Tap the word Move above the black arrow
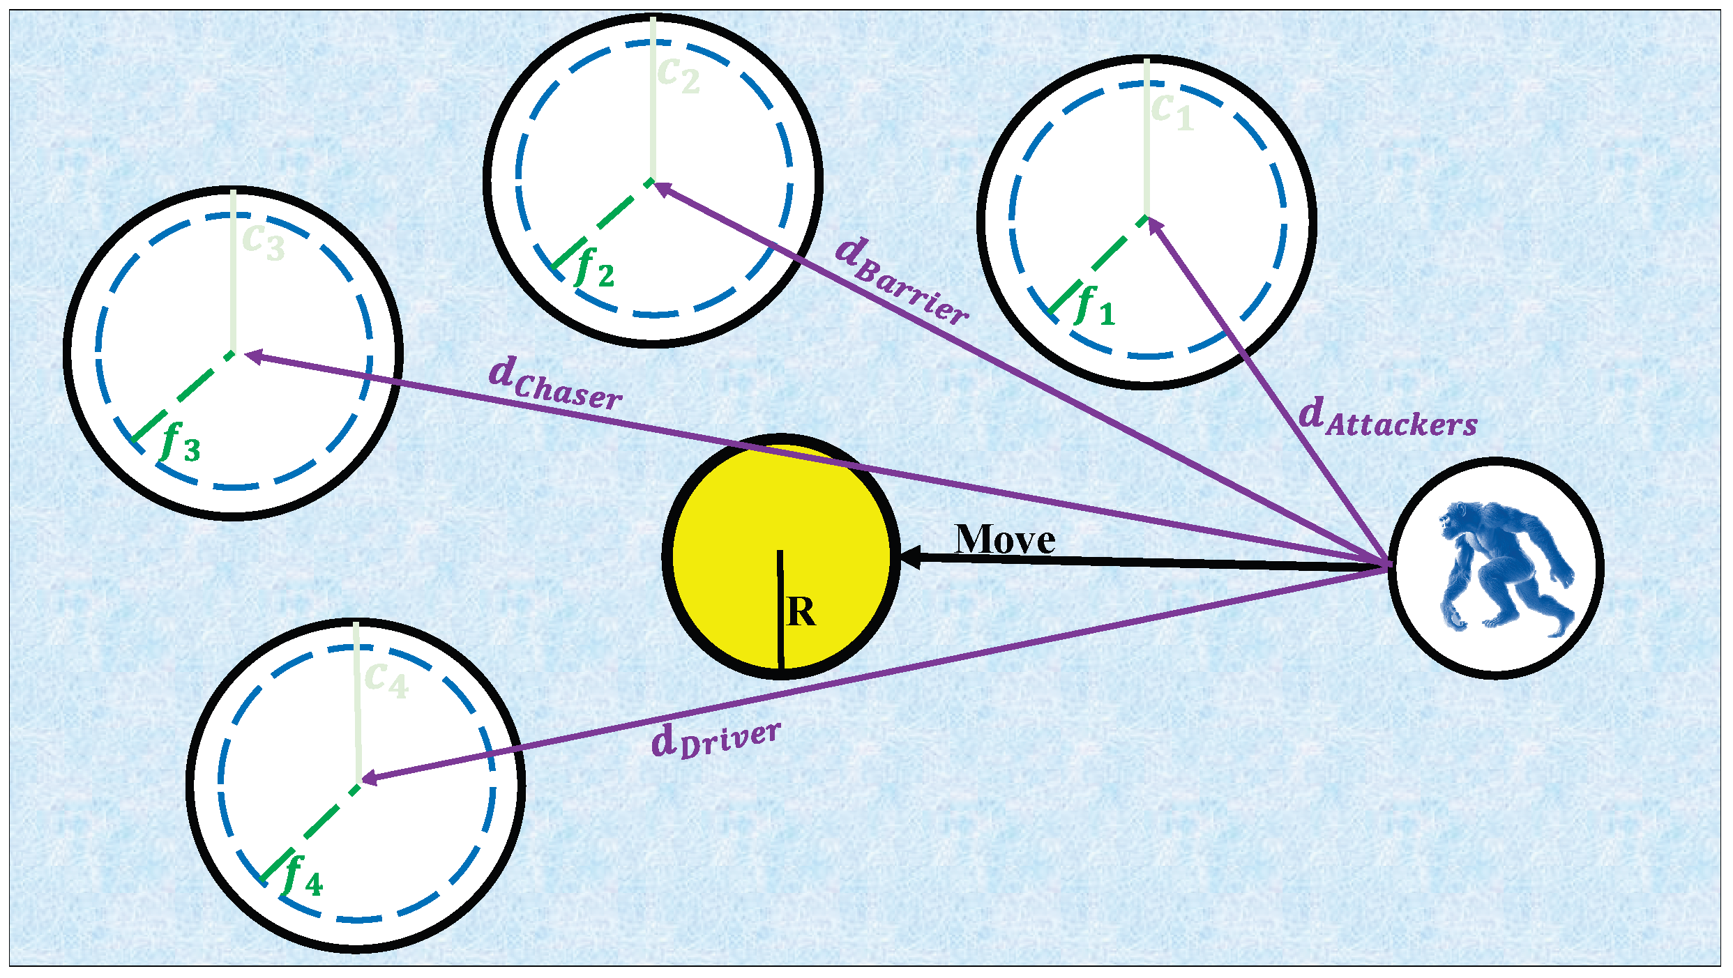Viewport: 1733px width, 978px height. pos(1005,540)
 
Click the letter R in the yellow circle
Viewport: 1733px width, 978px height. pos(801,612)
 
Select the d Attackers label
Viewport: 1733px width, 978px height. pos(1387,418)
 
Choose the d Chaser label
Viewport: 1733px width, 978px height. pos(555,383)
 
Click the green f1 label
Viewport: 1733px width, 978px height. pos(1095,307)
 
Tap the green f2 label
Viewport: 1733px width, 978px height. pos(595,268)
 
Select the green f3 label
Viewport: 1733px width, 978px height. pos(181,443)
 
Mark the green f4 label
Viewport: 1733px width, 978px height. pos(302,877)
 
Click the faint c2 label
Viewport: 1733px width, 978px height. pos(678,74)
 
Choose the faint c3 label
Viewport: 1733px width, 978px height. pos(264,241)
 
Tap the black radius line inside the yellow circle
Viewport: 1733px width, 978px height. pos(780,610)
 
